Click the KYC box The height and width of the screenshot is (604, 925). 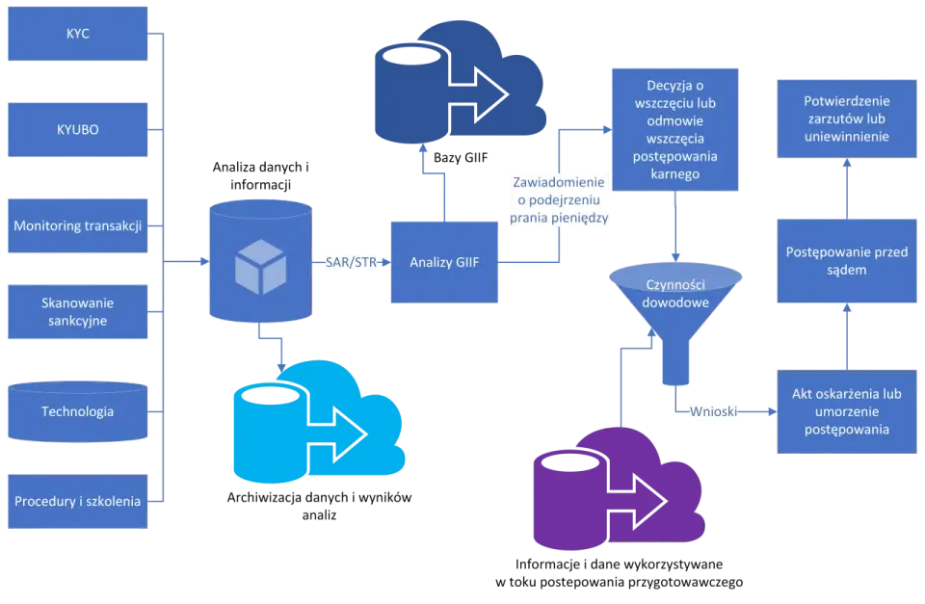tap(78, 34)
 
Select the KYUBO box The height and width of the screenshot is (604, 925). tap(78, 130)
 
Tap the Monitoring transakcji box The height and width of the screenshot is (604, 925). tap(78, 226)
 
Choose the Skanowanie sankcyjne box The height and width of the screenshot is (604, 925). tap(78, 312)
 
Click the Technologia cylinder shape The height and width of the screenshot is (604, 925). tap(78, 411)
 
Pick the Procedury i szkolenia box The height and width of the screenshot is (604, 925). tap(78, 501)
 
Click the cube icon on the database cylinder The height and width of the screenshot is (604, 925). tap(261, 267)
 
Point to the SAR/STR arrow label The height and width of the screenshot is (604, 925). tap(351, 262)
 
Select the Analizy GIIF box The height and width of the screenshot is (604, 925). tap(444, 262)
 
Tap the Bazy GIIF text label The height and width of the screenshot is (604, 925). tap(461, 157)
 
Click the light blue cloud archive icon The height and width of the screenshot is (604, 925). tap(319, 422)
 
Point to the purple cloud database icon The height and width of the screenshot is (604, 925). tap(620, 488)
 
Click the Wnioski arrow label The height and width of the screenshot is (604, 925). tap(714, 411)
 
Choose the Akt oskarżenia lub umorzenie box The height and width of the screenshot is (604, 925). tap(847, 411)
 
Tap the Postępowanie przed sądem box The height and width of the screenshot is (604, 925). tap(847, 261)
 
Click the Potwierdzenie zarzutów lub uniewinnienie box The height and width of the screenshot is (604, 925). tap(847, 119)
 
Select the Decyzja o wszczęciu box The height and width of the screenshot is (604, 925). tap(675, 130)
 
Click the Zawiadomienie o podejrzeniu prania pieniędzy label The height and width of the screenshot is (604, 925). tap(559, 200)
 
